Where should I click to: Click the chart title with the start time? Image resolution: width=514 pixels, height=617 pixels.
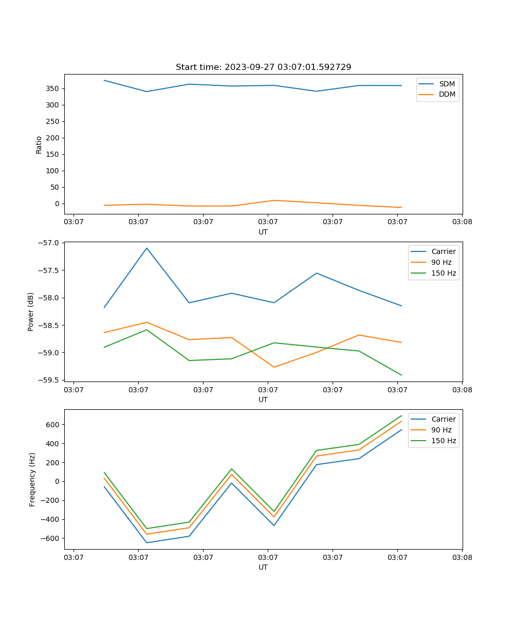coord(263,67)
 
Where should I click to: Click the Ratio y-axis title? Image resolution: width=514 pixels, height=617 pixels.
coord(39,144)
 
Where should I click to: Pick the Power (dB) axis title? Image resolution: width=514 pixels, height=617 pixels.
coord(31,312)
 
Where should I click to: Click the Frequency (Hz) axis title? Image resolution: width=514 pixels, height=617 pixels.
coord(32,479)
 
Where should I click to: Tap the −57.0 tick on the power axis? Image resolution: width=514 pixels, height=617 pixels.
coord(49,243)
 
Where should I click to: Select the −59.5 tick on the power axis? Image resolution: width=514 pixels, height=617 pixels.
coord(49,380)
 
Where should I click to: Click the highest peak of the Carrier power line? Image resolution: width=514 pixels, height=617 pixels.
coord(146,248)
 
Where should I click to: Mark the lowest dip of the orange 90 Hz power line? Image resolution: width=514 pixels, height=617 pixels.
coord(274,367)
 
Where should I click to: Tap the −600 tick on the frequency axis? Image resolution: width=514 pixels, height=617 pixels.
coord(52,538)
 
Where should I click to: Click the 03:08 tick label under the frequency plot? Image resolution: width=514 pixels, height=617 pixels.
coord(462,557)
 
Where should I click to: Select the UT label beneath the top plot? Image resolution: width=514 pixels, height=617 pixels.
coord(263,232)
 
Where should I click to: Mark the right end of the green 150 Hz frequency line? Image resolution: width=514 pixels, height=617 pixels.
coord(401,415)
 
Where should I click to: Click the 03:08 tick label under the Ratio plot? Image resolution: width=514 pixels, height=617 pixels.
coord(462,222)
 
